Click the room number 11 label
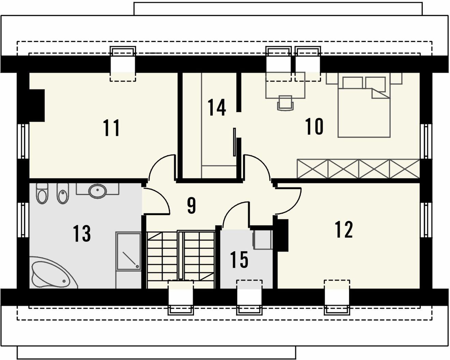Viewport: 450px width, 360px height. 111,128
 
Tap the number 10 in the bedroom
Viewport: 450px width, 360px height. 314,126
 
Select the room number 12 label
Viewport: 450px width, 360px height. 344,229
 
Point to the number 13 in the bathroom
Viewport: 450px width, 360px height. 82,234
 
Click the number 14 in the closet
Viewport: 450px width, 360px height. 216,107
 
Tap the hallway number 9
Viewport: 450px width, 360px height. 192,206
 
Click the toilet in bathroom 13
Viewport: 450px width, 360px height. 42,194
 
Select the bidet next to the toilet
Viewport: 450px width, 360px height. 63,194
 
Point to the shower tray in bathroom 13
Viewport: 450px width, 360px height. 129,252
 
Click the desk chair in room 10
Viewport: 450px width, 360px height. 285,103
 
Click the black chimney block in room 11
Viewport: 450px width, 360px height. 37,106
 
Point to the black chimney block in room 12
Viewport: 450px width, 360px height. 283,235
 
